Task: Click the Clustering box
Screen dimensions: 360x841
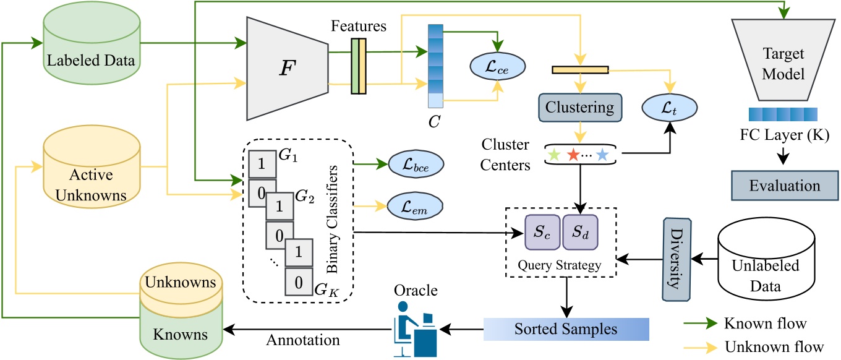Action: tap(579, 107)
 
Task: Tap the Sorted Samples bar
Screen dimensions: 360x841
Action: tap(565, 328)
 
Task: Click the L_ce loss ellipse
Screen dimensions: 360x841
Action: tap(497, 64)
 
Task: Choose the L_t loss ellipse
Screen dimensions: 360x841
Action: tap(669, 107)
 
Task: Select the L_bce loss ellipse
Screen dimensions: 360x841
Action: tap(417, 166)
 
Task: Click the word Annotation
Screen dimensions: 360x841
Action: tap(296, 340)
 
